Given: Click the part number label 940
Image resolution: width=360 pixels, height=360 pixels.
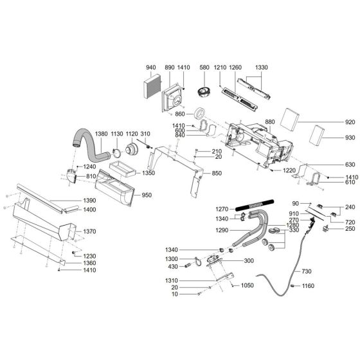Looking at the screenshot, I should [151, 67].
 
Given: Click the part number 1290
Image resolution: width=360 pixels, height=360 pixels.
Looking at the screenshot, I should [222, 230].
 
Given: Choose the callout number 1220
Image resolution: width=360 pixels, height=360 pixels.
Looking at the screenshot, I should [291, 171].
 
